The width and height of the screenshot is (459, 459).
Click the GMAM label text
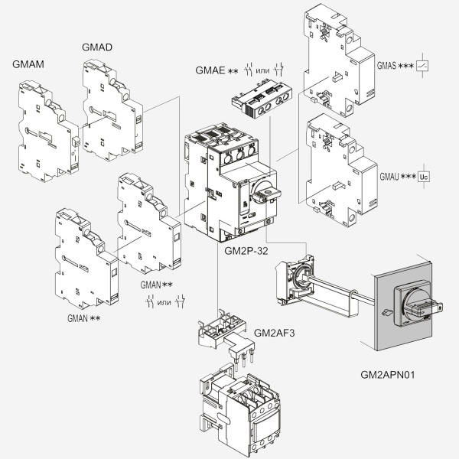click(x=28, y=64)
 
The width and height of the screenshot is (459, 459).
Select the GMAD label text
click(x=97, y=47)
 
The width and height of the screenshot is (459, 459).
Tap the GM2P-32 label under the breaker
click(x=246, y=250)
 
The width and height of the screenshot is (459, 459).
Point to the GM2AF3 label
click(x=274, y=332)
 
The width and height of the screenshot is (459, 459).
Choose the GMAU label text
click(x=389, y=177)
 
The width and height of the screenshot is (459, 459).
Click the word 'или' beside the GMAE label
click(x=262, y=71)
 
